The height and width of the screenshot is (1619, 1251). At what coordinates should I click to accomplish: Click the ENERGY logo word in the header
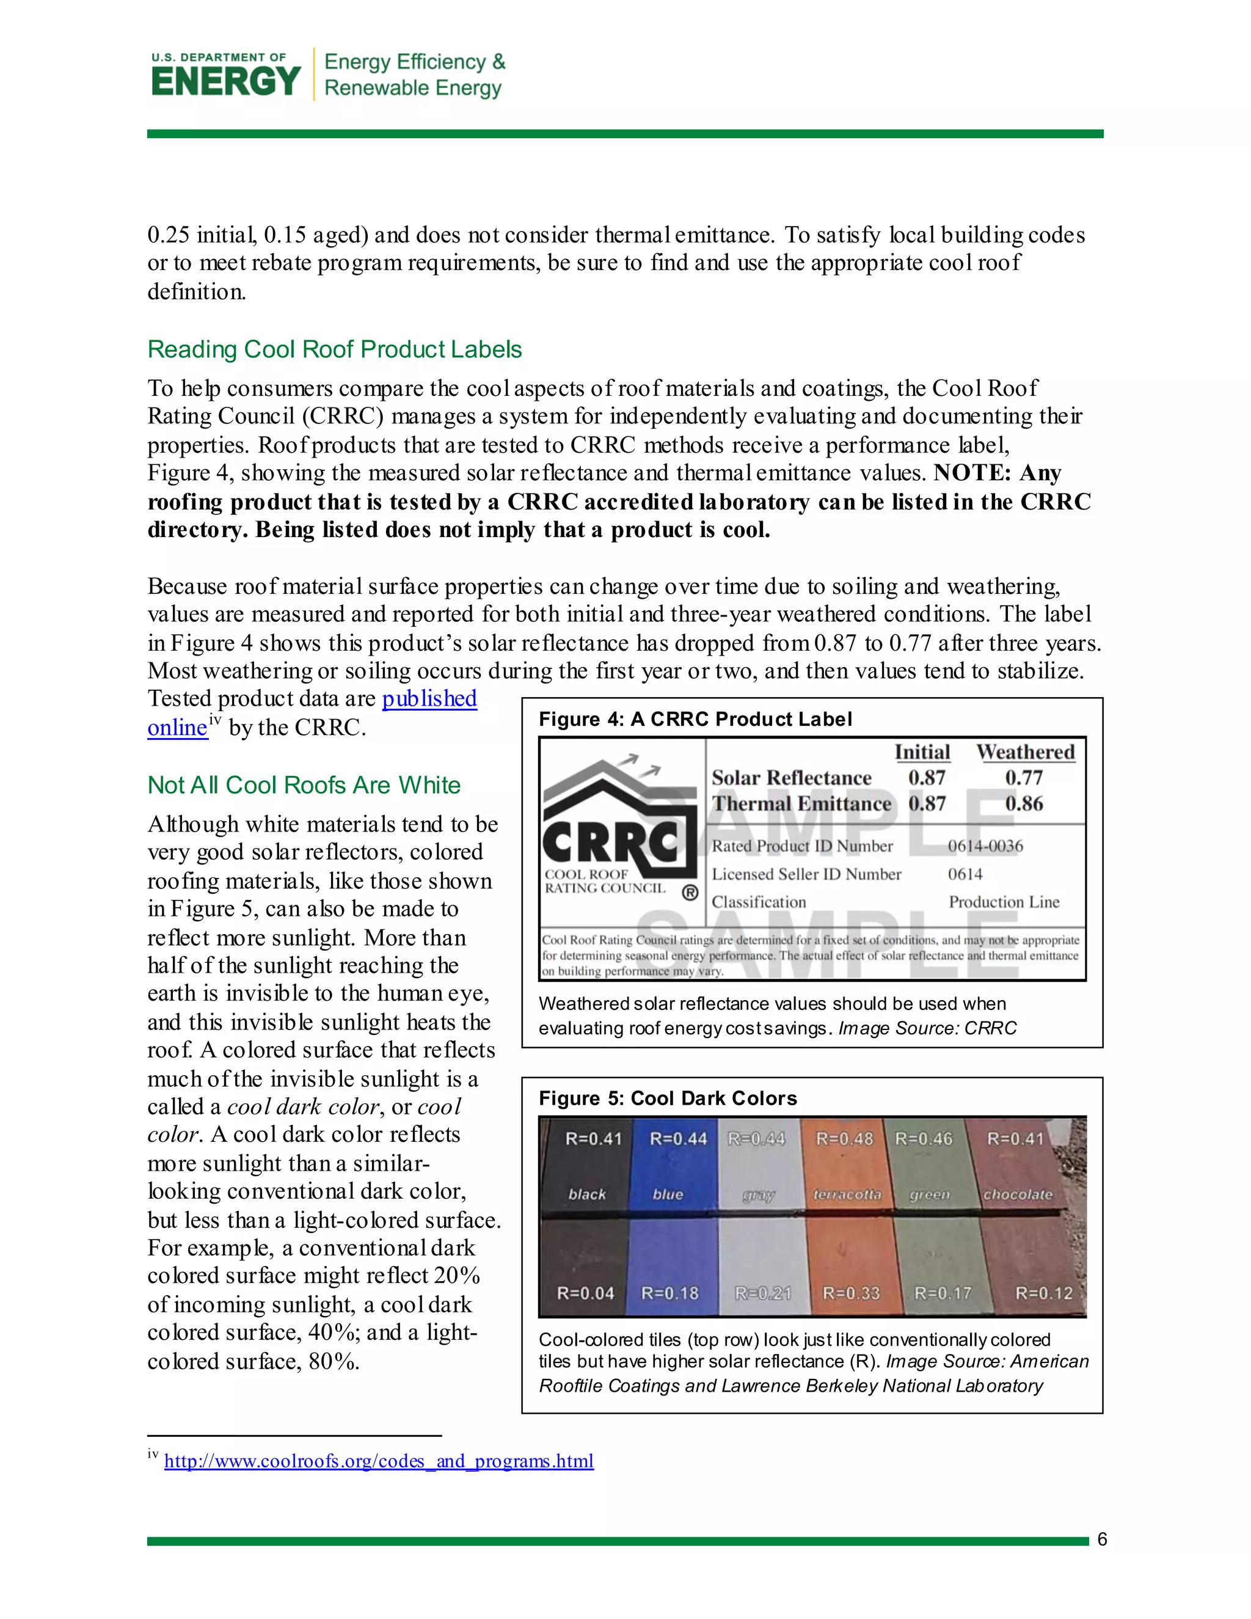(x=225, y=81)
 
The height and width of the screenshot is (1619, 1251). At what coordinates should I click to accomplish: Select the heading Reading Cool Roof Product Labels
(x=334, y=349)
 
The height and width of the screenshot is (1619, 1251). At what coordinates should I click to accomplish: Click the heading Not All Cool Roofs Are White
(x=304, y=785)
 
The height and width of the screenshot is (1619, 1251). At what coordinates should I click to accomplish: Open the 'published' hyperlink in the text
(x=429, y=698)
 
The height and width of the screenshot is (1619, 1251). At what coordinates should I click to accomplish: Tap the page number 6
(x=1101, y=1540)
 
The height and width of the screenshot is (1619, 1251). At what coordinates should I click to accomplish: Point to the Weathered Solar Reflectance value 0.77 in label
(x=1024, y=778)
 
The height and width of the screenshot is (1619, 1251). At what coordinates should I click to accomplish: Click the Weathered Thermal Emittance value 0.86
(x=1024, y=803)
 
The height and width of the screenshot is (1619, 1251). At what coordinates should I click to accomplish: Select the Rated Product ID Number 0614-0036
(x=985, y=846)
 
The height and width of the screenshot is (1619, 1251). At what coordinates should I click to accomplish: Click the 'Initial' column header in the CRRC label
(x=922, y=751)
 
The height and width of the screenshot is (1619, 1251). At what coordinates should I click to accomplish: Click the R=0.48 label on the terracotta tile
(x=844, y=1138)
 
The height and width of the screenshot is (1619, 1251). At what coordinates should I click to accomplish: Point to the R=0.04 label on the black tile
(x=585, y=1293)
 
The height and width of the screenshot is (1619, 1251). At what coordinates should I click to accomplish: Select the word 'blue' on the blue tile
(x=667, y=1194)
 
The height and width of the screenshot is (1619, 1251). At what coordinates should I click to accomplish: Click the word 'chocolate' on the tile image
(x=1017, y=1194)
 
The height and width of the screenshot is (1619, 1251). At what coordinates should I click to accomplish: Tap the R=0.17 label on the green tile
(x=942, y=1293)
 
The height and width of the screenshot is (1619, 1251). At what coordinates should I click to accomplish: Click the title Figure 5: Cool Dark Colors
(x=668, y=1098)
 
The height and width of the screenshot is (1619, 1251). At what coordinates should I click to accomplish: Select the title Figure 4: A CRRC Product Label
(x=695, y=719)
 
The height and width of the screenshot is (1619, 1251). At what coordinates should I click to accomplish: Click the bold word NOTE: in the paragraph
(x=972, y=473)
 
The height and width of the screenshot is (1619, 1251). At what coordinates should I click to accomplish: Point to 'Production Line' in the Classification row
(x=1004, y=902)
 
